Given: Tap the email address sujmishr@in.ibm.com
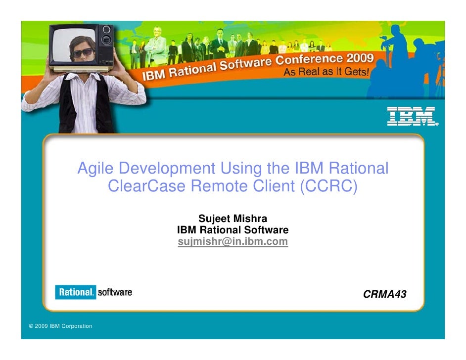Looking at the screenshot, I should click(x=233, y=242).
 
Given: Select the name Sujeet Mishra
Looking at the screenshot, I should click(x=233, y=219).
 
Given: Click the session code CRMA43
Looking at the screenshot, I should click(x=384, y=295).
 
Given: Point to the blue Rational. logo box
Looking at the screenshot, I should click(x=75, y=293).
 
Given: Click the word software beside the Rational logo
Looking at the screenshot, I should click(x=115, y=293).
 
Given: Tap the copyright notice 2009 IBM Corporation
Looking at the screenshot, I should click(x=61, y=326).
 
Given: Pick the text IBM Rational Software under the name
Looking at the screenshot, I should click(x=233, y=230).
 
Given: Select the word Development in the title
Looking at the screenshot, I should click(x=167, y=169).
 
